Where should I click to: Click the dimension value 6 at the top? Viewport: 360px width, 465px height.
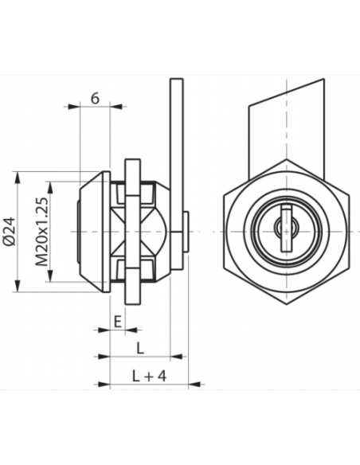click(96, 98)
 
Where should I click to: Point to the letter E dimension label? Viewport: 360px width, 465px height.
click(117, 321)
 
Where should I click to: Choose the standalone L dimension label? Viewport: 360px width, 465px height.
click(140, 348)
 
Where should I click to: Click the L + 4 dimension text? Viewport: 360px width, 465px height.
click(144, 375)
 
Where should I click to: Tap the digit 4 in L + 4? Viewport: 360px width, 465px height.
click(160, 375)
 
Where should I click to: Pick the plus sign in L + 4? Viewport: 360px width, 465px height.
click(145, 375)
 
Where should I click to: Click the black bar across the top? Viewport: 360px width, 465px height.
click(180, 62)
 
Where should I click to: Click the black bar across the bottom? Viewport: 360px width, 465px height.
click(180, 401)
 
